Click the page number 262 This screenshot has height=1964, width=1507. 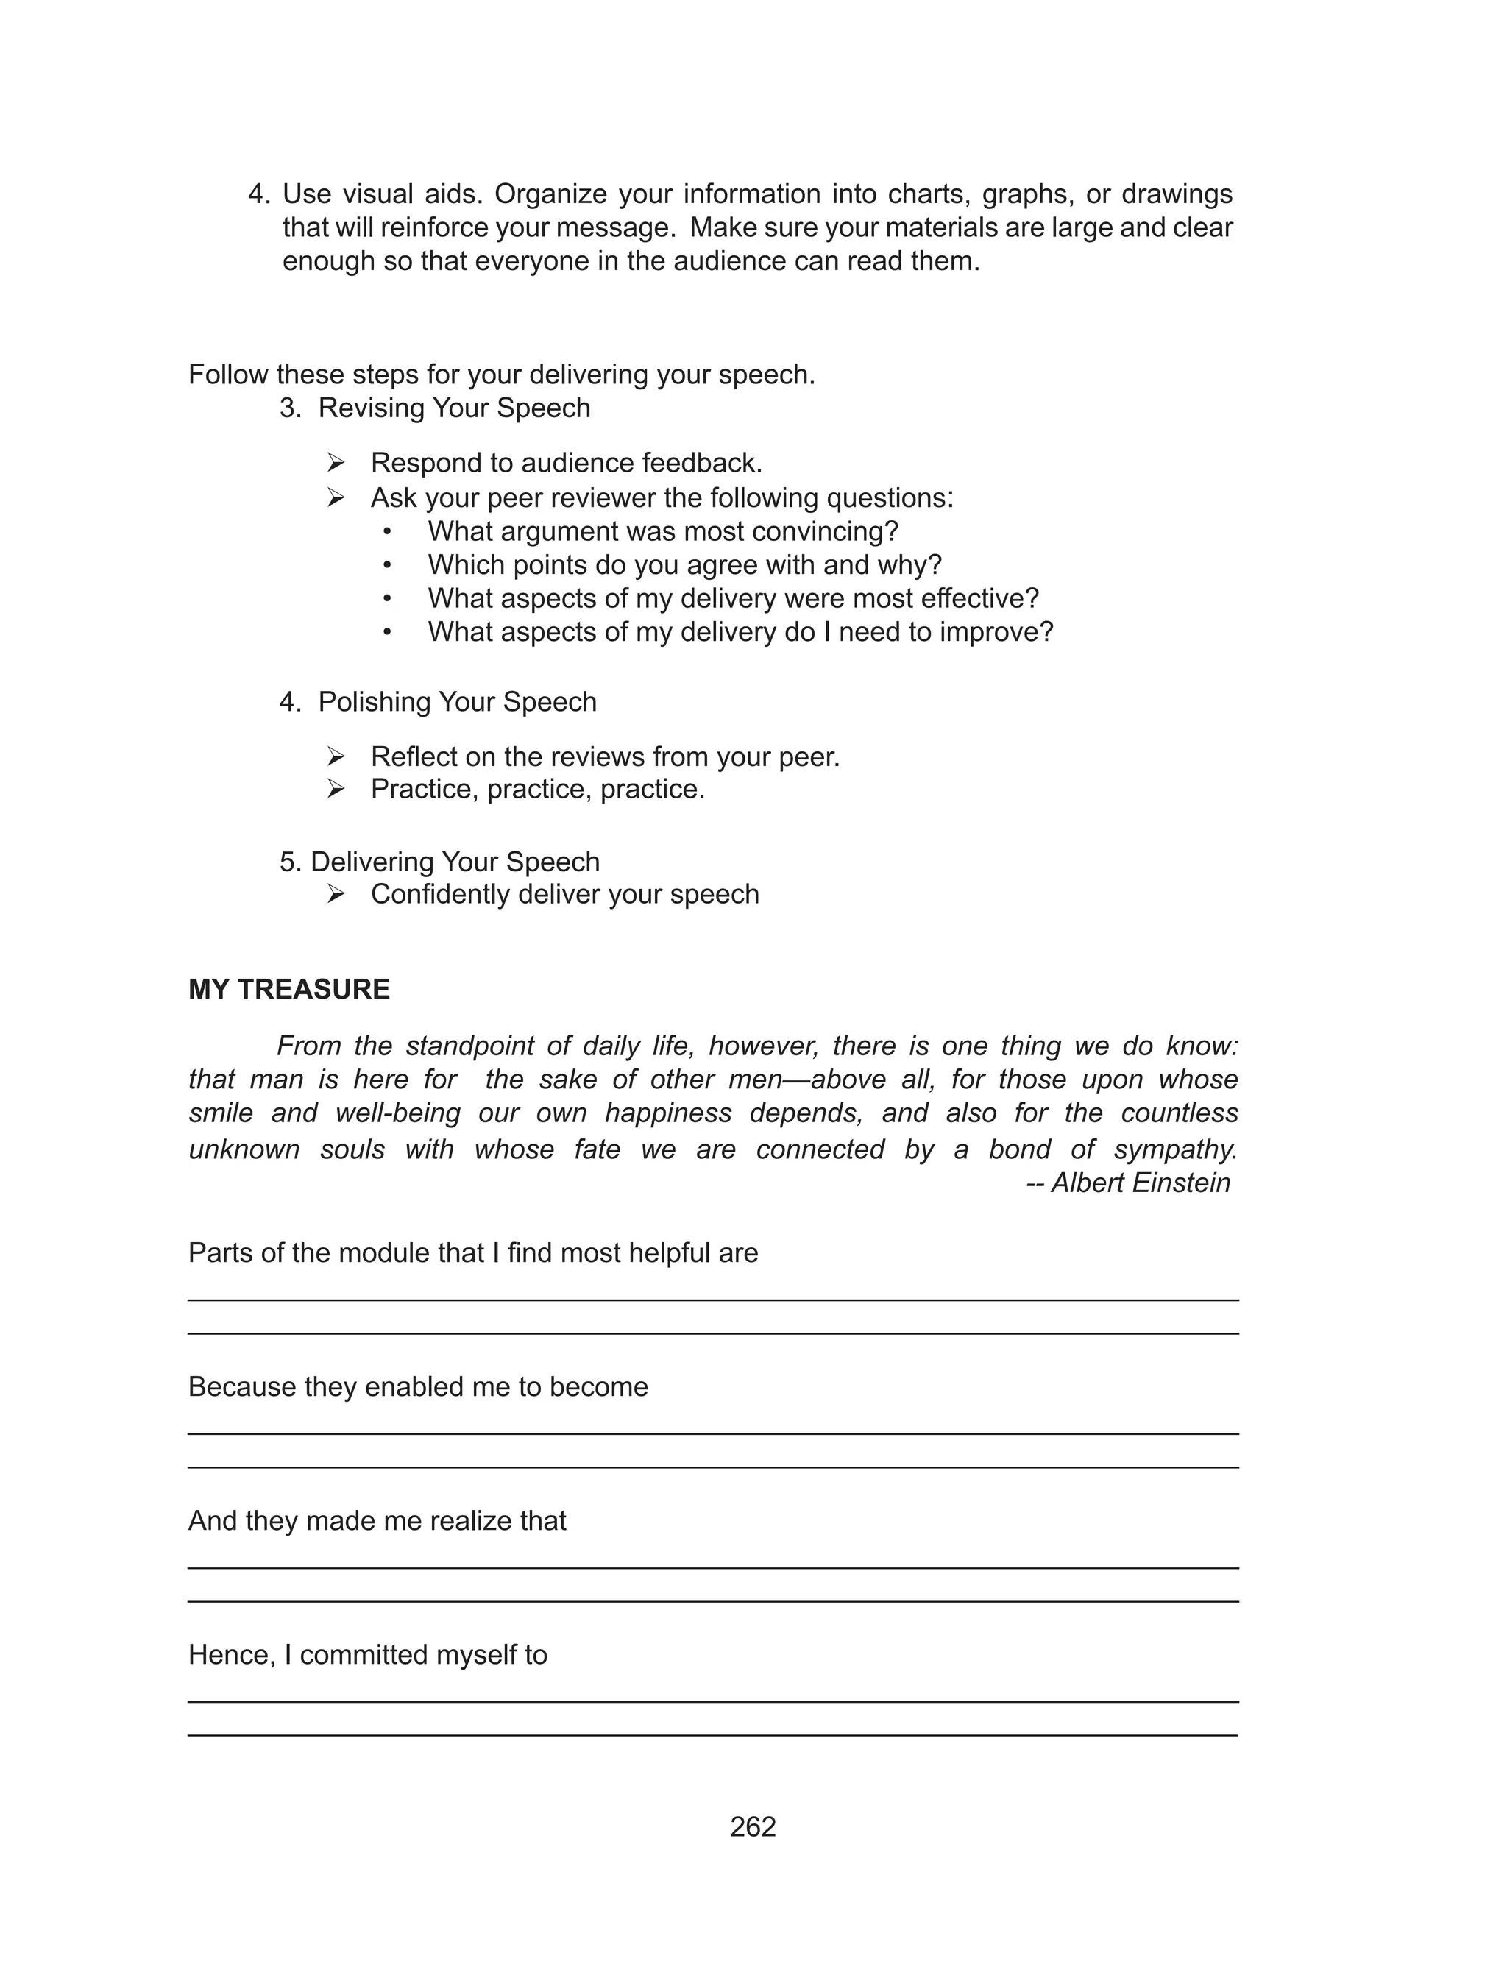coord(753,1827)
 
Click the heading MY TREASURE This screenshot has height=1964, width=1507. coord(289,989)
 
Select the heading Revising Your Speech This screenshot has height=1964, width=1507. coord(454,408)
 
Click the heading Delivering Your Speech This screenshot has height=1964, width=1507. coord(454,862)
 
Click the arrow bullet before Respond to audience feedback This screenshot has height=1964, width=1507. coord(336,463)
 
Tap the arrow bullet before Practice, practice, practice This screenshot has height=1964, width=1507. coord(336,789)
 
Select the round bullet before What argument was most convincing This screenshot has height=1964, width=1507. coord(388,532)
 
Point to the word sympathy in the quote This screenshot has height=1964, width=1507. coord(1175,1149)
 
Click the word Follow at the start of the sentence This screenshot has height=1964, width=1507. coord(229,375)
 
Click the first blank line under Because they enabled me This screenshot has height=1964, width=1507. coord(713,1433)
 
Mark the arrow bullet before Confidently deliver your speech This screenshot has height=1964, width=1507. coord(336,894)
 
